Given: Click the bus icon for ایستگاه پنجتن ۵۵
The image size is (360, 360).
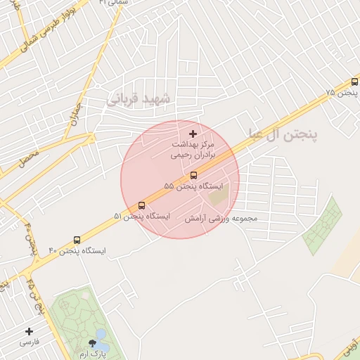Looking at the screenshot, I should coord(193,175).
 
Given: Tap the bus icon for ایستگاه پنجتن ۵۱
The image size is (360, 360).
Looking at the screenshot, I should coord(142,205).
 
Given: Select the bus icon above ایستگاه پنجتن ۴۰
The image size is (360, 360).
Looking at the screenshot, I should coord(77,240).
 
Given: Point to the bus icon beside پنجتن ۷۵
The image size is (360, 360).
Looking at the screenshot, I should coord(355,82).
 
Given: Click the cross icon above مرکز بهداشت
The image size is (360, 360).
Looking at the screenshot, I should coord(193,134).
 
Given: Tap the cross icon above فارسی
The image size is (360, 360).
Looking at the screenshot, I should coord(29,331).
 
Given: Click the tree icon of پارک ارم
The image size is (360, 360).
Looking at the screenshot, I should coord(92,343).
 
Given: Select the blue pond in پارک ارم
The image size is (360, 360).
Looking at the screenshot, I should coord(101,341).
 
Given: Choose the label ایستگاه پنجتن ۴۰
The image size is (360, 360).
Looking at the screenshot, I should coord(77,251).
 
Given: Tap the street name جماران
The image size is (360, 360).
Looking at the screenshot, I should coord(75,115).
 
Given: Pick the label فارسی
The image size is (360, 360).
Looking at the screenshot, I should coord(29,342).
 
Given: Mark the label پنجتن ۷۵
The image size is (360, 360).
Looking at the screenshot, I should coord(341,93).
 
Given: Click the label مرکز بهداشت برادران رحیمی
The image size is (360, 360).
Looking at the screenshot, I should coord(193,149).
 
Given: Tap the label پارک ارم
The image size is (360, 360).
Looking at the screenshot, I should coord(92,355).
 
